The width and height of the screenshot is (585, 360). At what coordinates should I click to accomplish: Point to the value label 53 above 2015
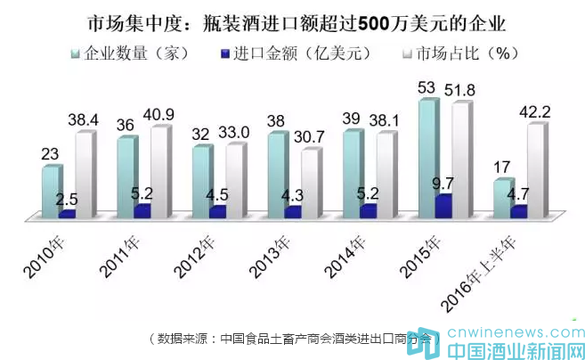click(x=427, y=86)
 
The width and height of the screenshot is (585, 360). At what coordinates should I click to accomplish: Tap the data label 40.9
click(x=168, y=114)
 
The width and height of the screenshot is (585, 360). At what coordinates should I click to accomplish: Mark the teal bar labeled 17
click(x=504, y=197)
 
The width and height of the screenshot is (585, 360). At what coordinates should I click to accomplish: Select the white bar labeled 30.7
click(x=310, y=182)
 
